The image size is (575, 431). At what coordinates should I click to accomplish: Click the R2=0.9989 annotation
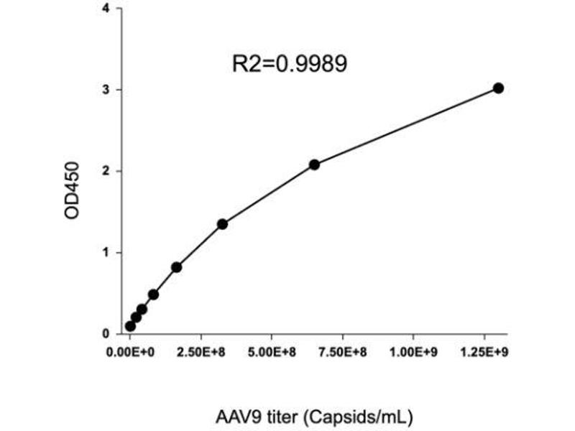290,64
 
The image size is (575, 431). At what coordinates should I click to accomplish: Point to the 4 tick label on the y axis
106,9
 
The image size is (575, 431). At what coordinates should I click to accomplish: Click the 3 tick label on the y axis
106,90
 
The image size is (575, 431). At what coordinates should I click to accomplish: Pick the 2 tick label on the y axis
106,171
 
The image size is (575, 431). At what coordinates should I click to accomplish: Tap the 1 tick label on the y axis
106,253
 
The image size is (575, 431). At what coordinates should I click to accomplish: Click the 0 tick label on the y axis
106,334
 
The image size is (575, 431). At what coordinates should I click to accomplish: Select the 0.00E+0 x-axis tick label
131,353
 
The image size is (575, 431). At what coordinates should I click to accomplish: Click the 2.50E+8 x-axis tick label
201,353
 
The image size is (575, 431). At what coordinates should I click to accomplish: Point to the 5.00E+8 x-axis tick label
272,353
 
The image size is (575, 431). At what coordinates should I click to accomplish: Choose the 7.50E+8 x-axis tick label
343,353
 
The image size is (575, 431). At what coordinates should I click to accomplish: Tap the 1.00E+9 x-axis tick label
413,353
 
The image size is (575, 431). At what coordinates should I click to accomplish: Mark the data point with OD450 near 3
498,88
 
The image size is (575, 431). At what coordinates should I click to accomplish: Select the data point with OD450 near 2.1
314,164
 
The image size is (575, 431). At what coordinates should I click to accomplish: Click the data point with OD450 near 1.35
222,224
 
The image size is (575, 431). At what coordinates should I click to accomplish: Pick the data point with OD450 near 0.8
176,267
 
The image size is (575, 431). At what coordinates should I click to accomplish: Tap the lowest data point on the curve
130,326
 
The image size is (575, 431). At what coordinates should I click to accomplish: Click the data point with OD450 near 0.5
153,295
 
